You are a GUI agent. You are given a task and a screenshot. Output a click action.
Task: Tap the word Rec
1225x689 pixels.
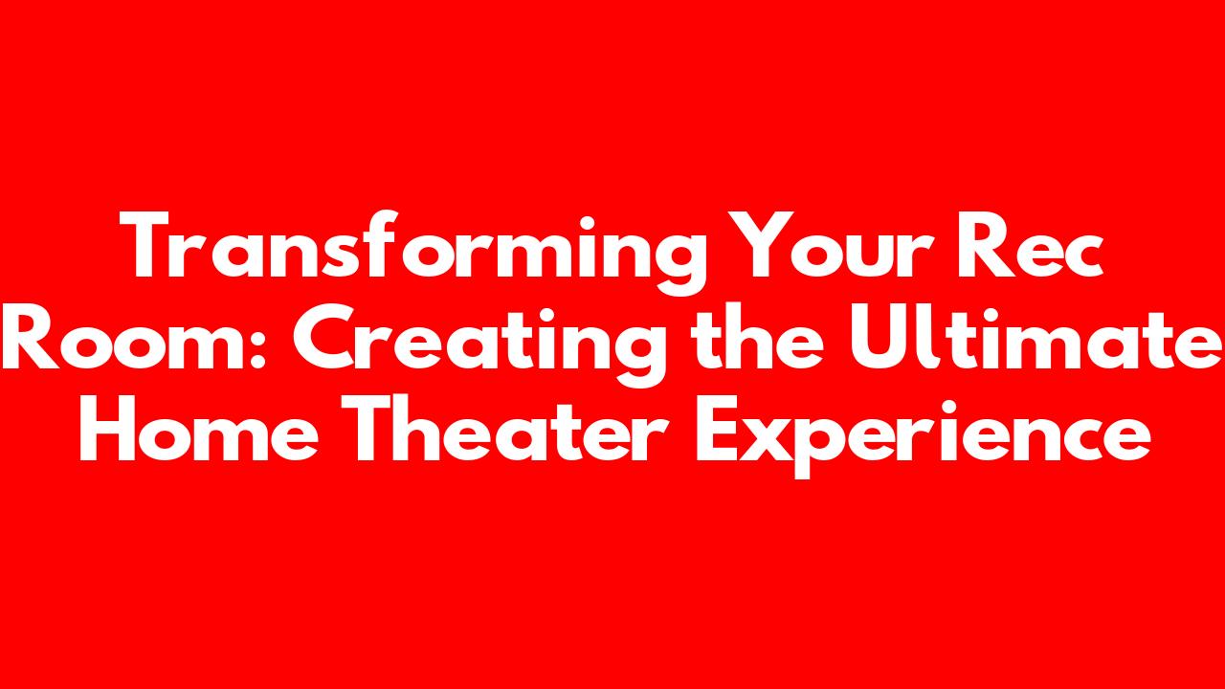coord(1029,245)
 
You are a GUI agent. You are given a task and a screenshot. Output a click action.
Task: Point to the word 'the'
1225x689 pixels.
coord(757,335)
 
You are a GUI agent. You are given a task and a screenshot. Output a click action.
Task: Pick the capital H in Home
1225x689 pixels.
coord(108,428)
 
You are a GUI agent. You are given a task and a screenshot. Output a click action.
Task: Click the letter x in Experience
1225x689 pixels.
coord(768,437)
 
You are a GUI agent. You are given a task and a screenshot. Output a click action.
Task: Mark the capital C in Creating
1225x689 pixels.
coord(323,336)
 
